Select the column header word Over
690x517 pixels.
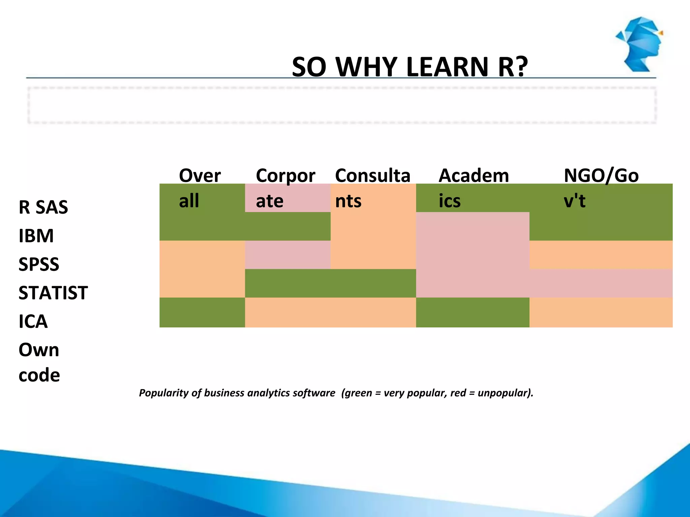pyautogui.click(x=200, y=176)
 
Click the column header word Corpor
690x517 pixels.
pyautogui.click(x=285, y=176)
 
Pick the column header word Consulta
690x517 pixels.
pyautogui.click(x=373, y=176)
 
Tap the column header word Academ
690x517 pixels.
pyautogui.click(x=473, y=176)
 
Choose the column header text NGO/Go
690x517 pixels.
pyautogui.click(x=601, y=176)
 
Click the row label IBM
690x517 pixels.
pyautogui.click(x=36, y=236)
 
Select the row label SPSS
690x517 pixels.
pyautogui.click(x=39, y=264)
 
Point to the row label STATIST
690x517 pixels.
pyautogui.click(x=53, y=293)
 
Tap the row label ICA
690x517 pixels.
pyautogui.click(x=33, y=321)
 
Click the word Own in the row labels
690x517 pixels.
pyautogui.click(x=39, y=350)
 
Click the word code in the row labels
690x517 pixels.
pyautogui.click(x=39, y=375)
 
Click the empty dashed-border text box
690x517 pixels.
pyautogui.click(x=342, y=105)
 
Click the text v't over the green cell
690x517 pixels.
pyautogui.click(x=574, y=201)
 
